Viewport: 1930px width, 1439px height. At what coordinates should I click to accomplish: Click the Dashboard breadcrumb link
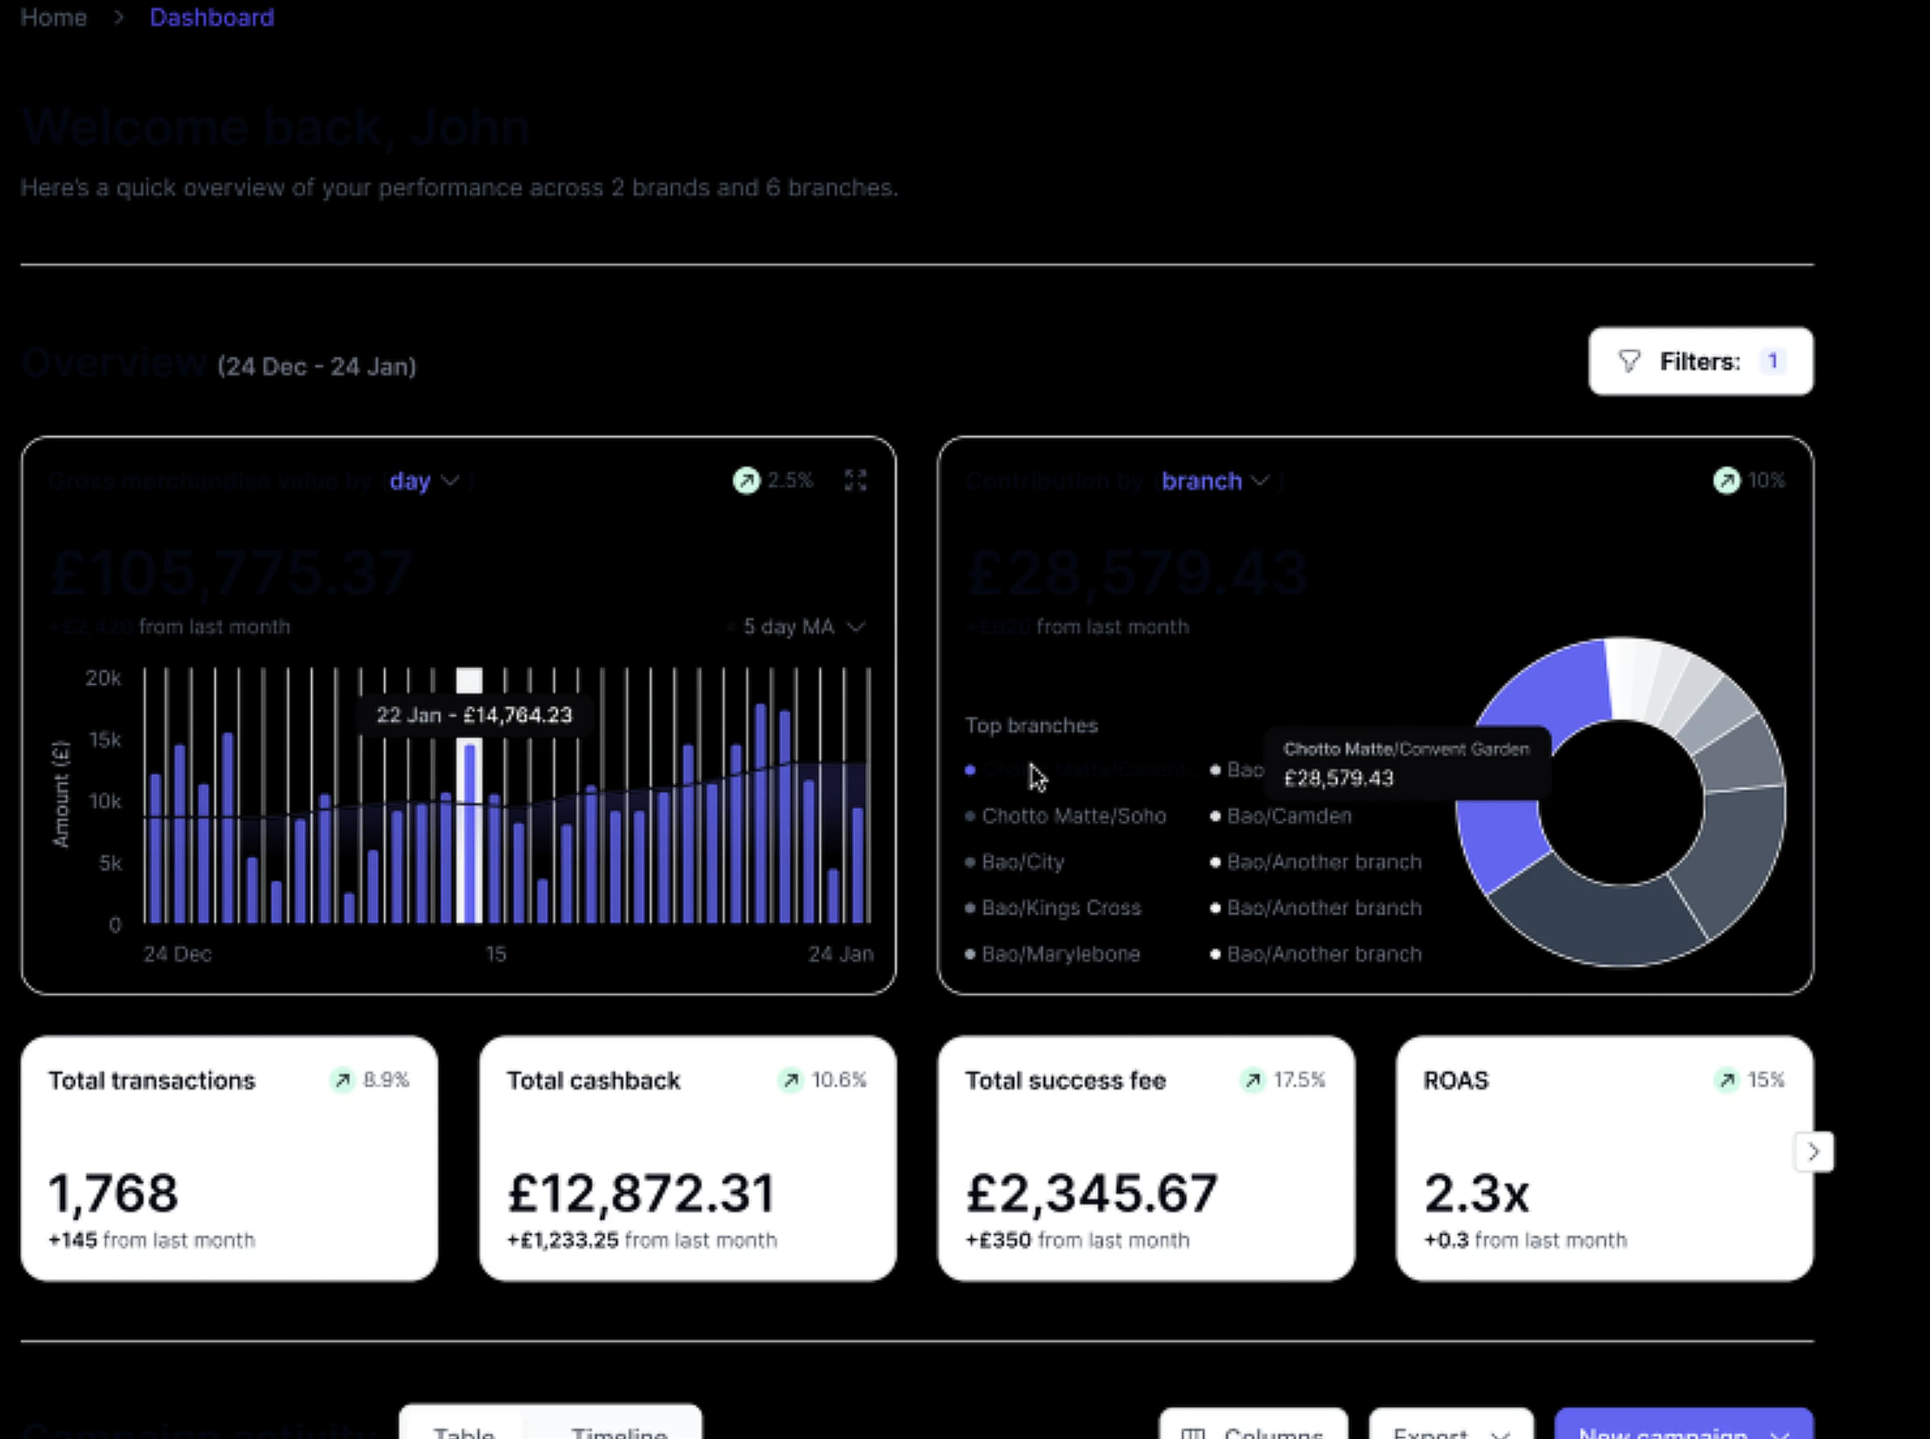(x=212, y=18)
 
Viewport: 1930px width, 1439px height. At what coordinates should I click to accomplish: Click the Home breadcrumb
(x=53, y=18)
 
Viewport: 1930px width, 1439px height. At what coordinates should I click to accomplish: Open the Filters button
(x=1700, y=361)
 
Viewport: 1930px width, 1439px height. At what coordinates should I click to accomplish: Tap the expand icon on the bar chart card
(x=855, y=480)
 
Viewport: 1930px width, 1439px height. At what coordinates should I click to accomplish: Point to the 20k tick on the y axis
(x=104, y=678)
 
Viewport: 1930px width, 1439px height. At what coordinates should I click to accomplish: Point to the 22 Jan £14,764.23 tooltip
(x=474, y=715)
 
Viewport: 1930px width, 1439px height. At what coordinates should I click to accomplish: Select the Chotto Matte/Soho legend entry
(x=1073, y=816)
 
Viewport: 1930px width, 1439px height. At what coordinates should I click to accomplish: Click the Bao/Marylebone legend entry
(x=1059, y=954)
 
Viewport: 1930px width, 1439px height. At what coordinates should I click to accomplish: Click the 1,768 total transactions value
(x=113, y=1193)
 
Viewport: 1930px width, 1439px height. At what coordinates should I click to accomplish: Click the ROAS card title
(x=1455, y=1081)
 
